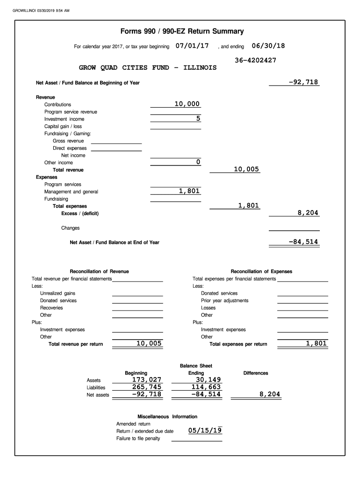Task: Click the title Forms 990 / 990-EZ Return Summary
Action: point(182,32)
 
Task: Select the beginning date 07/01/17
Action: point(192,46)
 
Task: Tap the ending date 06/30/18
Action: point(268,46)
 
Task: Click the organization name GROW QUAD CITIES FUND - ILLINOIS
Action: point(148,68)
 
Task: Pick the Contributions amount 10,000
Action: point(187,104)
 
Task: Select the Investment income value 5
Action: point(198,119)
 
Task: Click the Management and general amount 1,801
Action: point(189,191)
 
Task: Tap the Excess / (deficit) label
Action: point(80,214)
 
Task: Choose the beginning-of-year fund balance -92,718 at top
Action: point(303,82)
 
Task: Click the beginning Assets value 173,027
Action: point(146,379)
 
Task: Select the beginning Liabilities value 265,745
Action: point(146,387)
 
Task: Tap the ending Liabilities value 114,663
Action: point(203,387)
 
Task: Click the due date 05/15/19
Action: point(205,430)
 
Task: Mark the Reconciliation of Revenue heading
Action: point(99,271)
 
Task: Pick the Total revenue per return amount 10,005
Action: point(149,344)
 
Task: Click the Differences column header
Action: point(256,373)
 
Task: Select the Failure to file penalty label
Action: point(138,438)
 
